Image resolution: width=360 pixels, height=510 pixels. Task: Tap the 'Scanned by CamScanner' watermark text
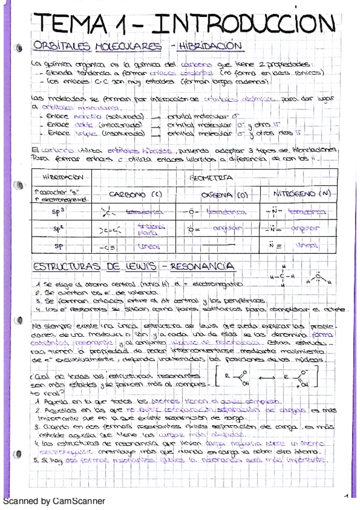(53, 501)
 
